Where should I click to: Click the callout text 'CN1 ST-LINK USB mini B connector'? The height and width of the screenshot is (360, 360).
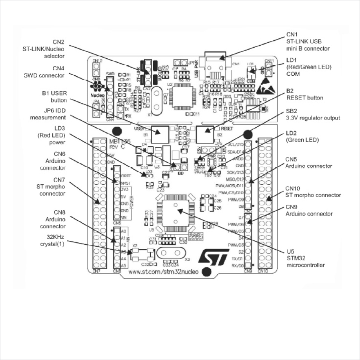pos(308,42)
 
